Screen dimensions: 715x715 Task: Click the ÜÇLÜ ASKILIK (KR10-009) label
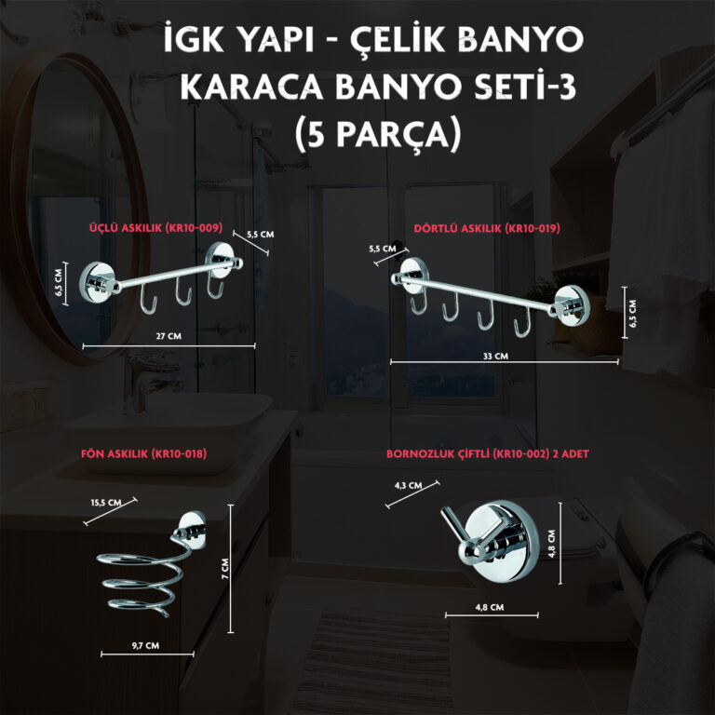click(x=156, y=227)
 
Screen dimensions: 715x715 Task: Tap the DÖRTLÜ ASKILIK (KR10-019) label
click(x=487, y=228)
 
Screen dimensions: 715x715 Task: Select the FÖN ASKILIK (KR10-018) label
click(x=143, y=453)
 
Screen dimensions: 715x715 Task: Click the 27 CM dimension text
click(x=169, y=336)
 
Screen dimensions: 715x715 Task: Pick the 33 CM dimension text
click(x=495, y=356)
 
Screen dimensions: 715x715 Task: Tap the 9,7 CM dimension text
click(x=145, y=645)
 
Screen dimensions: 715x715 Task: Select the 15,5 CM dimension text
click(x=106, y=503)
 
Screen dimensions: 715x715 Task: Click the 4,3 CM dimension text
click(x=408, y=485)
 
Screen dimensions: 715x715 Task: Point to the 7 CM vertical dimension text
click(x=225, y=569)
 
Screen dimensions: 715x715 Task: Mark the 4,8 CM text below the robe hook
click(x=490, y=607)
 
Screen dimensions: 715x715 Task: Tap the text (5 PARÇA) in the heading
click(x=378, y=135)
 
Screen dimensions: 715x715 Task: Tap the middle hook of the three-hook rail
click(x=183, y=292)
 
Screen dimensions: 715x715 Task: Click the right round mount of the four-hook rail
click(x=570, y=305)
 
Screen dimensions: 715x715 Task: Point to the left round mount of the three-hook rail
click(x=97, y=282)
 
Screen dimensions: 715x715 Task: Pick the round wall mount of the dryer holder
click(x=192, y=531)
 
